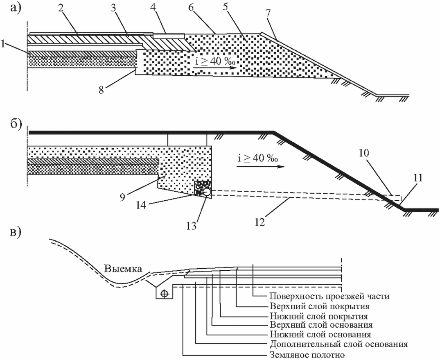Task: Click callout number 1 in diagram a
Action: (4, 44)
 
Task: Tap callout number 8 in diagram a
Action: (101, 90)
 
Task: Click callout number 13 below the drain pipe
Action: (192, 225)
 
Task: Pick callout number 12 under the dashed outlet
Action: (260, 222)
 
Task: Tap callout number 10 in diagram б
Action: (364, 153)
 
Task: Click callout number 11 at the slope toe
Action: (417, 178)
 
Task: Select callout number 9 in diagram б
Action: (123, 197)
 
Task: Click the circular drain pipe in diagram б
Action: (207, 192)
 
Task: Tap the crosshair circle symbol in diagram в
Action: (165, 294)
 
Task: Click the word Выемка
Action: (123, 269)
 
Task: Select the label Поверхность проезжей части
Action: (330, 296)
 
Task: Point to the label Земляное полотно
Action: (307, 355)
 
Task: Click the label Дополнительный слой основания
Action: (339, 344)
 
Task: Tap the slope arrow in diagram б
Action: (260, 167)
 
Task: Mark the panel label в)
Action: (16, 233)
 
